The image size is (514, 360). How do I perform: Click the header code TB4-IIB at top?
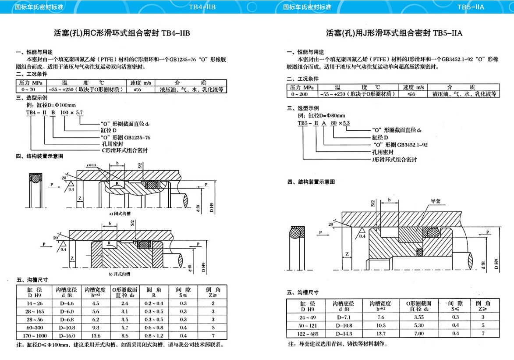click(202, 7)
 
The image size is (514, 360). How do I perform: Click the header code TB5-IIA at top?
click(470, 7)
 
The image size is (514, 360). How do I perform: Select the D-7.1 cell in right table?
click(343, 317)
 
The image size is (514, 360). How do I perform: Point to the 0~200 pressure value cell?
click(299, 94)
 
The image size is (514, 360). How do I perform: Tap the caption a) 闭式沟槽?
click(120, 214)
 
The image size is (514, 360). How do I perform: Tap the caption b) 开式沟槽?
click(120, 274)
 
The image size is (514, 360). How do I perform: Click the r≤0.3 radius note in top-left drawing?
click(92, 165)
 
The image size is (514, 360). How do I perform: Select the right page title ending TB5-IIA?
click(394, 33)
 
